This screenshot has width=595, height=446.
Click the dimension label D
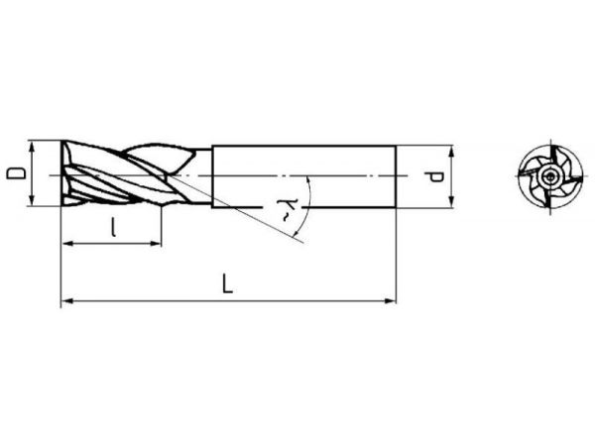[16, 173]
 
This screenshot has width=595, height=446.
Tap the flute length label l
[113, 226]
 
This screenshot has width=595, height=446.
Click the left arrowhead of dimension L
[66, 301]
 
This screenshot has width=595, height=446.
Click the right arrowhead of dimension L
[390, 301]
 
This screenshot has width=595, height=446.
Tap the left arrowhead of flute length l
[66, 244]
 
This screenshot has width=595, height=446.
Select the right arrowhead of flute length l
[157, 244]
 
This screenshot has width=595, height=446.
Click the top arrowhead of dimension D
[33, 147]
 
